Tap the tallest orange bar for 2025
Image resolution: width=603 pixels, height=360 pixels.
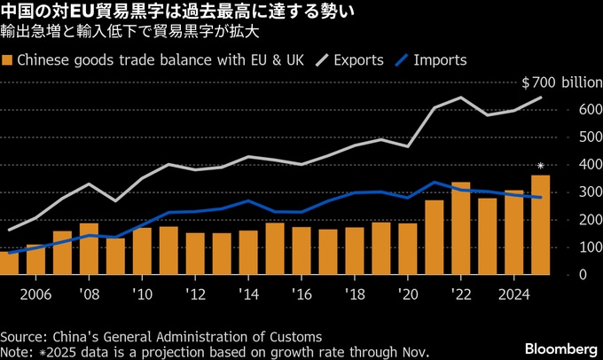(x=539, y=225)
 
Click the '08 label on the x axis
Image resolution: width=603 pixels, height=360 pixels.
(x=89, y=293)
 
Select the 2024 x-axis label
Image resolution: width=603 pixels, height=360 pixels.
(x=513, y=293)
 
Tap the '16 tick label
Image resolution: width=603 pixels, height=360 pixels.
(x=301, y=293)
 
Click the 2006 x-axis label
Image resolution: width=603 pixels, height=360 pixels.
(x=35, y=293)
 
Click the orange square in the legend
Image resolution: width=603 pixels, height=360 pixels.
(x=8, y=60)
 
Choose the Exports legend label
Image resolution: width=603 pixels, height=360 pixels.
(x=359, y=60)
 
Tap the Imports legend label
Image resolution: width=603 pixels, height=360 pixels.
(x=441, y=60)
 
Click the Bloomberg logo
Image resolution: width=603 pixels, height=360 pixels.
(x=561, y=343)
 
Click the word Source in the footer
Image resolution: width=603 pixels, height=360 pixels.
(x=24, y=337)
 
